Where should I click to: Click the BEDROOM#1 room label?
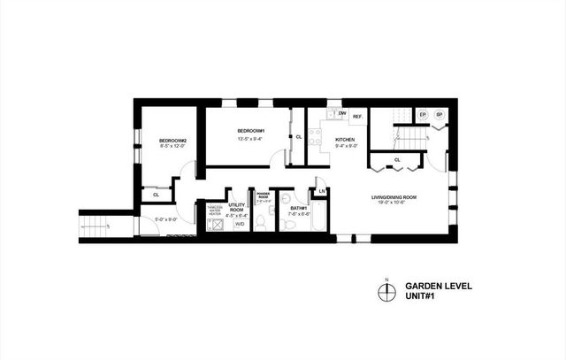(251, 130)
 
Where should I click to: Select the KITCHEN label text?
(344, 140)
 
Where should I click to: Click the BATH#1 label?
(299, 208)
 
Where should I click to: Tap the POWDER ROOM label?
(262, 196)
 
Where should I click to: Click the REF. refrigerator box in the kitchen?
(358, 117)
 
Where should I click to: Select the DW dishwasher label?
(341, 114)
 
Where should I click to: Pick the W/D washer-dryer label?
(239, 224)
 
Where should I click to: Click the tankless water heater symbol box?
(213, 225)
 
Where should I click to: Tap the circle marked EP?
(423, 115)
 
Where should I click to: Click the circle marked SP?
(439, 115)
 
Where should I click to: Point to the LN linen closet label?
(322, 191)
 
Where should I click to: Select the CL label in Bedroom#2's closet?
(155, 194)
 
